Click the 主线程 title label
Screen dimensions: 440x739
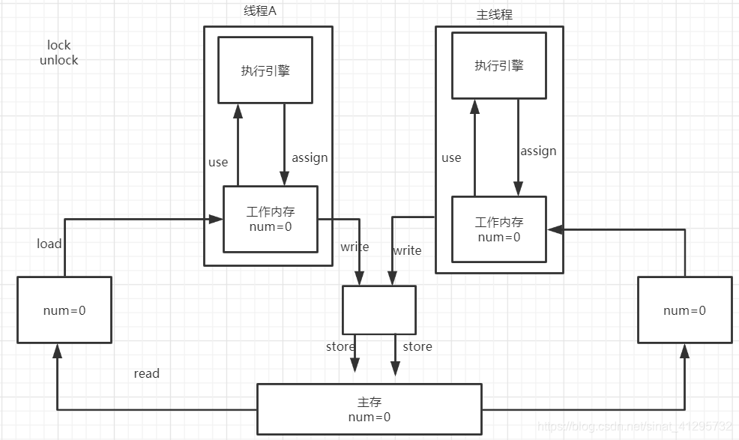(495, 14)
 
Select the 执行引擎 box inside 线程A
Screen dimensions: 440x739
(265, 70)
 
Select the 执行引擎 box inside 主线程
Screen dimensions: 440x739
(498, 65)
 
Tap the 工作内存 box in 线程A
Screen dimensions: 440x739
(270, 219)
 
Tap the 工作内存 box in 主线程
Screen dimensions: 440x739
(498, 229)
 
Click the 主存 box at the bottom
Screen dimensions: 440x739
(369, 410)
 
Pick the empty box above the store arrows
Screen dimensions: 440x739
(378, 310)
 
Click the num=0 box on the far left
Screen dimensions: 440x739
(64, 310)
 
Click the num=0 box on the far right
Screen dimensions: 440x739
(684, 310)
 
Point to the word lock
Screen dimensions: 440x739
(58, 46)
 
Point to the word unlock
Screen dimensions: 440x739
(58, 60)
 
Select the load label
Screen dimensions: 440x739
(49, 244)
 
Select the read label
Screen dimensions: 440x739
(146, 373)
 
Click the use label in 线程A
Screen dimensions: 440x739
(218, 162)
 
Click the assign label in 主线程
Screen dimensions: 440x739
(538, 151)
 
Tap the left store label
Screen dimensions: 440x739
(340, 346)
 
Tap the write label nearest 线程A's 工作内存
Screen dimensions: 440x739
(355, 247)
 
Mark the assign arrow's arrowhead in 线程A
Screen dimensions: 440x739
(284, 179)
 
